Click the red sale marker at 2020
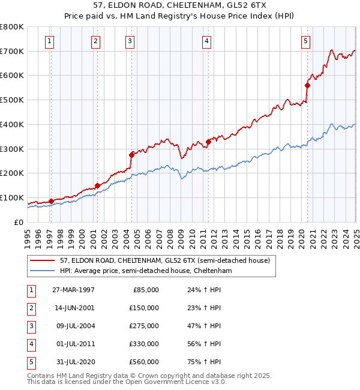pos(307,85)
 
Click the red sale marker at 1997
pos(51,201)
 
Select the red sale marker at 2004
pos(131,154)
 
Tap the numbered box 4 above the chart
pos(206,41)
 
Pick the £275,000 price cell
pos(145,325)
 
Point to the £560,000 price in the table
pos(145,361)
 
